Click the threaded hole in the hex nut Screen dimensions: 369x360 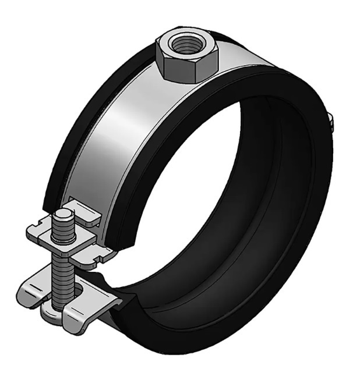186,45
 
